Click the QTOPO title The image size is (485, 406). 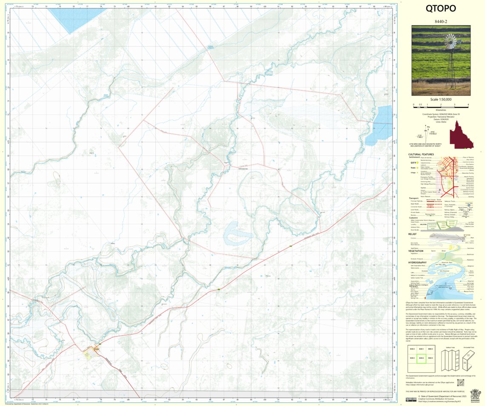click(441, 9)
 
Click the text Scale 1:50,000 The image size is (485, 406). click(441, 99)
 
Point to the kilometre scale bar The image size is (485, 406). click(441, 104)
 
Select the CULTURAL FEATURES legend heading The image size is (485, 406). click(421, 154)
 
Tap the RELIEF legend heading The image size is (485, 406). click(412, 234)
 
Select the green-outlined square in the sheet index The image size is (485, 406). click(421, 361)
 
